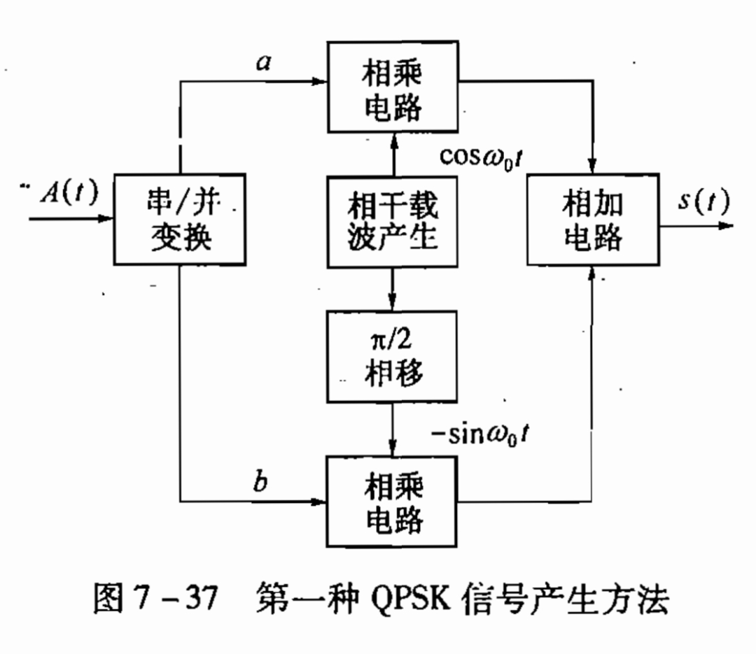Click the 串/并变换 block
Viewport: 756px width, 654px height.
click(x=181, y=219)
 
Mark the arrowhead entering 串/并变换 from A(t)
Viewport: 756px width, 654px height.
click(x=106, y=219)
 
